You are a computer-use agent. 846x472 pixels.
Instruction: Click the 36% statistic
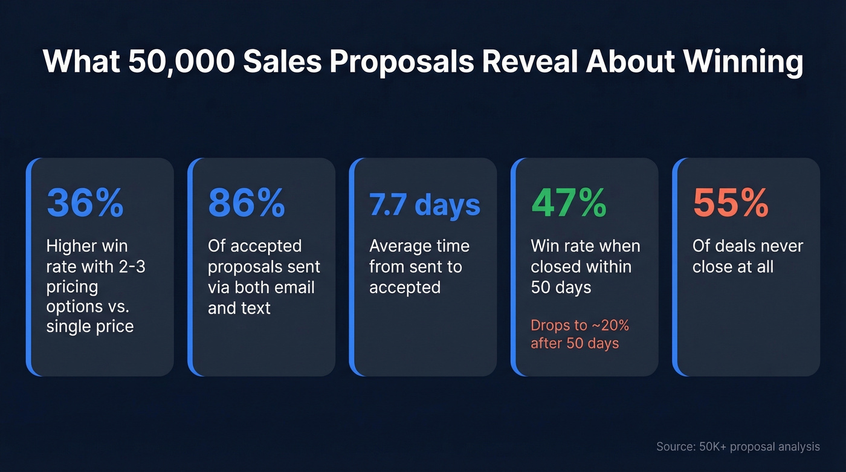85,203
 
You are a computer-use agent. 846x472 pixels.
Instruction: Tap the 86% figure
247,203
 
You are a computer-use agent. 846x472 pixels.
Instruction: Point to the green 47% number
569,203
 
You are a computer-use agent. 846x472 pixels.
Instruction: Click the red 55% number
731,203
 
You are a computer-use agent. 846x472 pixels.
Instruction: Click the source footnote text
738,447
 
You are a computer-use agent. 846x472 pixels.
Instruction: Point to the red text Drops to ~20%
580,325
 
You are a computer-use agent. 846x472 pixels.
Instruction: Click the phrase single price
90,327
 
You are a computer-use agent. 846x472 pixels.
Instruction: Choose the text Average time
419,246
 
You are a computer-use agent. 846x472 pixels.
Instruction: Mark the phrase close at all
733,267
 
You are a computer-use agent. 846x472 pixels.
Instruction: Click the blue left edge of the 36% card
28,267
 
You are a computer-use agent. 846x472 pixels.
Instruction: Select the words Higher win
87,246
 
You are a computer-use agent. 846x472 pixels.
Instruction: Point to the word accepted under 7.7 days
405,287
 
